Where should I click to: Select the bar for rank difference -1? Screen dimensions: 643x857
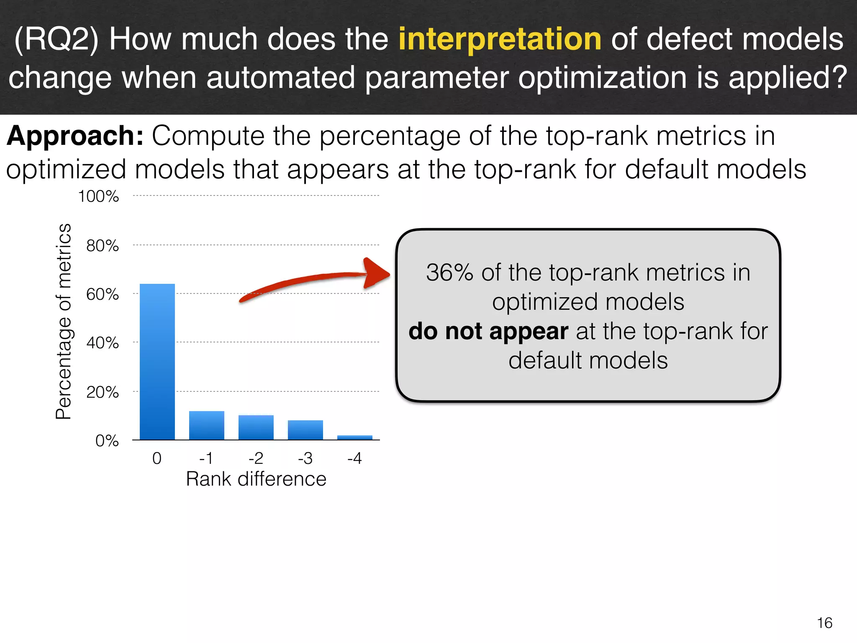click(206, 425)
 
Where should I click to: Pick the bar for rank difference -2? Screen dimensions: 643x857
click(256, 427)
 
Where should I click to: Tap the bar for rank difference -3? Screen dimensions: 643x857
click(305, 430)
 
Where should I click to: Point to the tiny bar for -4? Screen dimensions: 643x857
click(354, 437)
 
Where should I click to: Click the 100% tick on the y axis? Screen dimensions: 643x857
click(99, 196)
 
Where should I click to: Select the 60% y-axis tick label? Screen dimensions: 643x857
click(103, 294)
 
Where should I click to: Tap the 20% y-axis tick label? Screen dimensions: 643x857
click(103, 392)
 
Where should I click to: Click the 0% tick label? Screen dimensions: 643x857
click(107, 441)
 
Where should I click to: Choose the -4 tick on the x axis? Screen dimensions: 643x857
click(354, 458)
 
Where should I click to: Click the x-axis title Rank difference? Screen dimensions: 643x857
click(256, 479)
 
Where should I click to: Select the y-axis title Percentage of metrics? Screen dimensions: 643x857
click(64, 321)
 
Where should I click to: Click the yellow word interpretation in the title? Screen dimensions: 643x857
click(500, 39)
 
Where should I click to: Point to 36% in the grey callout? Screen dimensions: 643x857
click(449, 273)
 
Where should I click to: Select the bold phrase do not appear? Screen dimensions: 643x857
click(488, 331)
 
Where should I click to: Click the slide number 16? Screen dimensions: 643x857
click(824, 623)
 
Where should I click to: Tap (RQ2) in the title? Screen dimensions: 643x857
click(56, 39)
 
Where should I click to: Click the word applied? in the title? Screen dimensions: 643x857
click(788, 77)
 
